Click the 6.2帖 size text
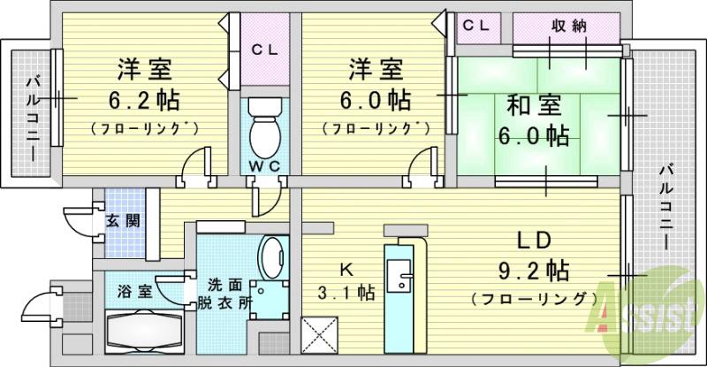click(x=141, y=97)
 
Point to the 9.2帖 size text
click(x=533, y=269)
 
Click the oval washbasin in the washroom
click(x=270, y=256)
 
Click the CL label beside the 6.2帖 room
click(x=263, y=50)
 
